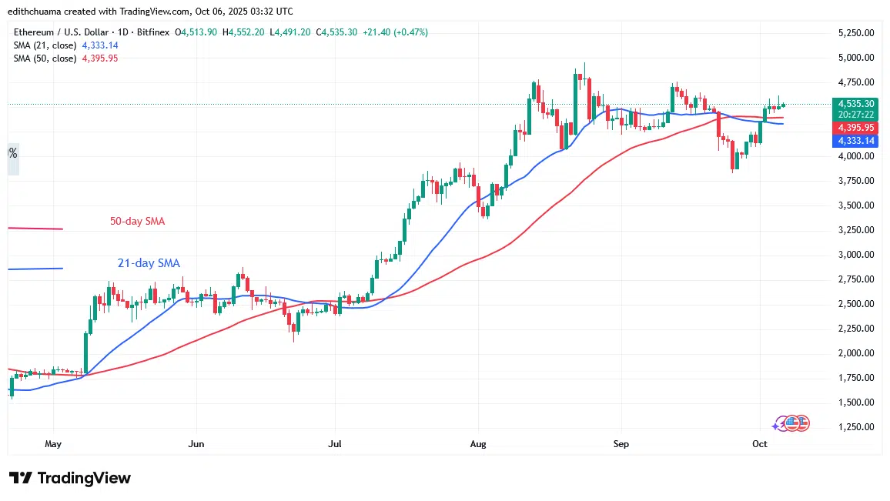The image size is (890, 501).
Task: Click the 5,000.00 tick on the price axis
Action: tap(856, 58)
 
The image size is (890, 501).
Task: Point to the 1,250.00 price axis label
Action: tap(856, 427)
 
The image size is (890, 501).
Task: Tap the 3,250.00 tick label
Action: tap(856, 230)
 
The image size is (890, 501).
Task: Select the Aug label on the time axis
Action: tap(478, 444)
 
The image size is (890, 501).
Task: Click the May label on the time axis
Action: tap(53, 444)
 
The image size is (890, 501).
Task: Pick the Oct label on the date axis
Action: tap(760, 444)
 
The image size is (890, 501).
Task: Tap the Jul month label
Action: tap(335, 444)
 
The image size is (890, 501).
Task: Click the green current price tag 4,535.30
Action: tap(856, 103)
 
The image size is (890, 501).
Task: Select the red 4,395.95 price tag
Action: tap(856, 127)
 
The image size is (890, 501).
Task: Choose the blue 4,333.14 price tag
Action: tap(856, 141)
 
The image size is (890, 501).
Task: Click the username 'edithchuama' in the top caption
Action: tap(36, 12)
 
